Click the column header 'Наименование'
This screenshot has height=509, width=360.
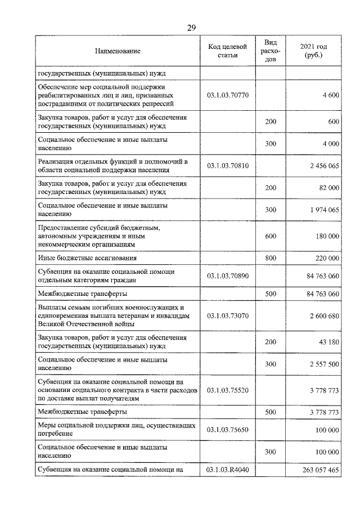tap(118, 51)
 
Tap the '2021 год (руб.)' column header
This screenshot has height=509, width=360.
tap(313, 51)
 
